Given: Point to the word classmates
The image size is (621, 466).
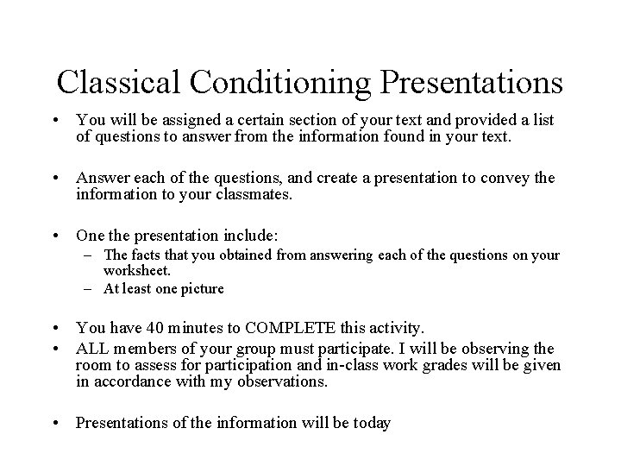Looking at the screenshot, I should point(258,194).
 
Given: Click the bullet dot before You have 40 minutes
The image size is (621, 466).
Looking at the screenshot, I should point(56,328).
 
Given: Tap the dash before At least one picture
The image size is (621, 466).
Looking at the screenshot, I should point(89,289).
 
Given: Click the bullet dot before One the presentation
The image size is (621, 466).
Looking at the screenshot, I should point(56,236).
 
